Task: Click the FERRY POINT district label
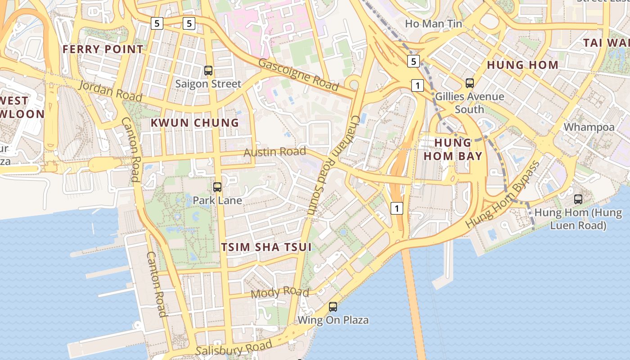(x=103, y=49)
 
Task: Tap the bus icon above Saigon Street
(x=208, y=70)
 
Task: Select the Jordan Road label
(x=111, y=91)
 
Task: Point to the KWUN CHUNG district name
(x=194, y=122)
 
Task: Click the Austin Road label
(x=274, y=152)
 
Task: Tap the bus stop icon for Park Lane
(x=217, y=187)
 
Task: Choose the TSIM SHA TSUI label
(x=266, y=247)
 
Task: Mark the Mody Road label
(x=280, y=292)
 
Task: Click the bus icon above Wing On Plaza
(x=333, y=307)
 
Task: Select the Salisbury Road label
(x=234, y=348)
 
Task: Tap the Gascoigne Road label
(x=298, y=74)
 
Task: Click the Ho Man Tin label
(x=434, y=23)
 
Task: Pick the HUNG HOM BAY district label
(x=453, y=149)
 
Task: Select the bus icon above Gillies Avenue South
(x=470, y=83)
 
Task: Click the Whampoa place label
(x=589, y=127)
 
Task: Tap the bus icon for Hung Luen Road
(x=578, y=199)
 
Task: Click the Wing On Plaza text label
(x=333, y=320)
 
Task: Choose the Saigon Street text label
(x=208, y=84)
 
